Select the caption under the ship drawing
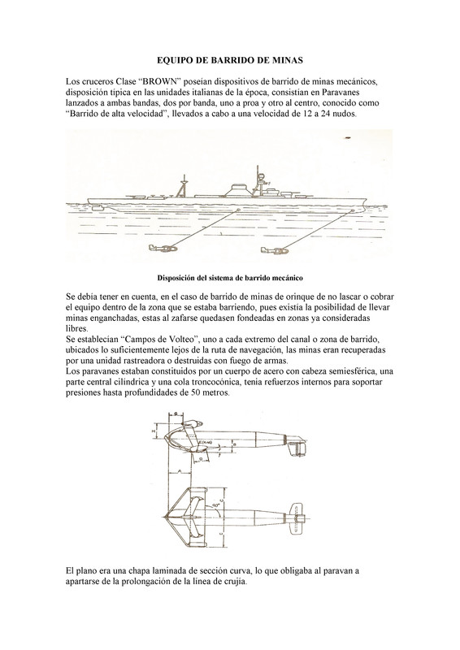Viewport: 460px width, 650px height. (230, 278)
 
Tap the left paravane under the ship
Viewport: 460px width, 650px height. (163, 249)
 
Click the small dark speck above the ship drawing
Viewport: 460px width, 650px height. (348, 137)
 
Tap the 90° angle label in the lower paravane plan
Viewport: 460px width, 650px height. (215, 505)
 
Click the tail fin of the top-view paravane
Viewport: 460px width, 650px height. (297, 520)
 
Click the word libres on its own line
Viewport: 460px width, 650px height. (76, 329)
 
